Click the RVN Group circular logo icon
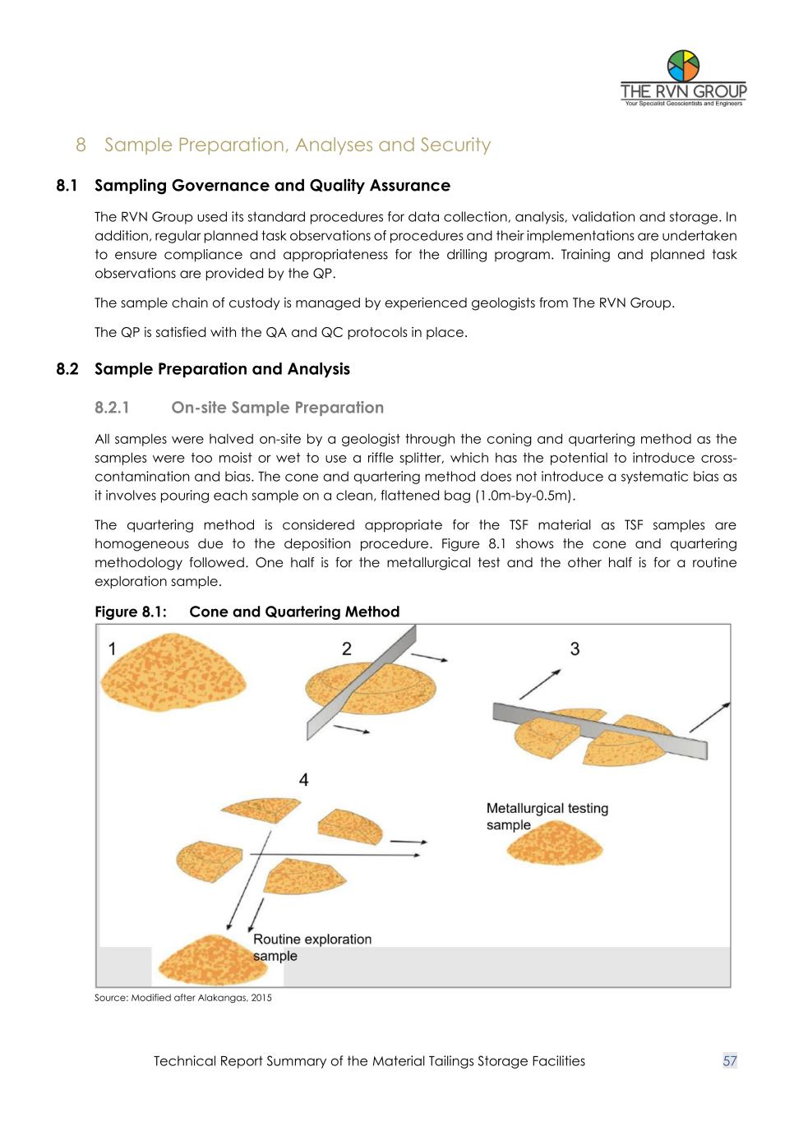pos(683,65)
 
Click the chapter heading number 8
pos(81,145)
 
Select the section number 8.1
pos(67,186)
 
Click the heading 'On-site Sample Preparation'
pos(277,408)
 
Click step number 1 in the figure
pos(112,649)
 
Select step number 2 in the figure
pos(347,649)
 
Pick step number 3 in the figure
pos(575,649)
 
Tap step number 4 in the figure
pos(304,779)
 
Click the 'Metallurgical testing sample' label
pos(547,816)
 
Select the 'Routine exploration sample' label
pos(312,947)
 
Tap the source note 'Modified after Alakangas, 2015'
pos(182,998)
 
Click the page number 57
pos(730,1061)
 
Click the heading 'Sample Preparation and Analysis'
pos(222,369)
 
